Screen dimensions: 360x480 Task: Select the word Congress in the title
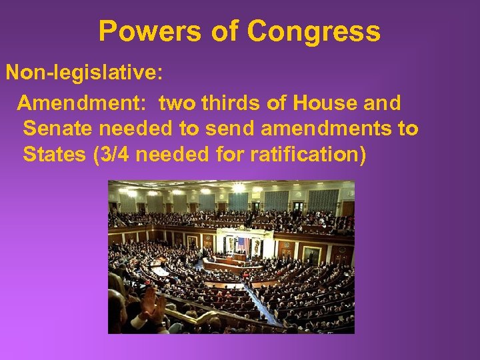pos(314,31)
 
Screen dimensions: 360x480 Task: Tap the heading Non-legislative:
pos(84,72)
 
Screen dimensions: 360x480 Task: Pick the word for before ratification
pos(231,154)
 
